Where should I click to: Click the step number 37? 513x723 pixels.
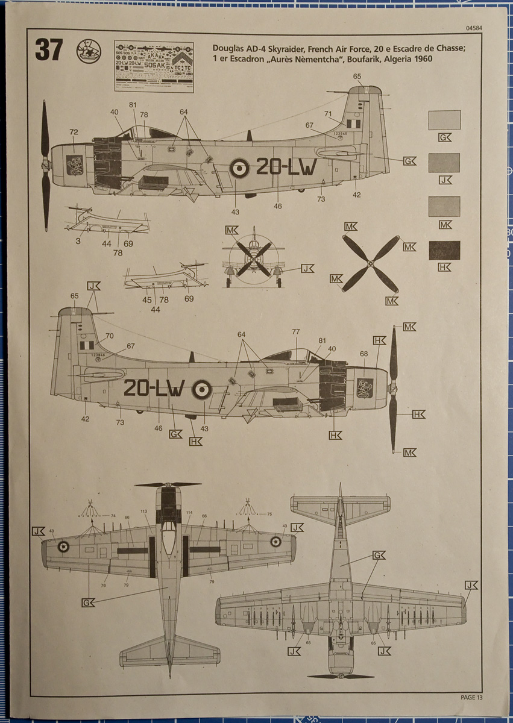(x=49, y=51)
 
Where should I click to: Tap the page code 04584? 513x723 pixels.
(x=473, y=28)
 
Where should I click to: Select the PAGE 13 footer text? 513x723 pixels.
(x=471, y=697)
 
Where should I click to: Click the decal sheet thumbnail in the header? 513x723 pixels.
(x=154, y=66)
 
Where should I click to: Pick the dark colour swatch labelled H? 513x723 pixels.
(x=444, y=250)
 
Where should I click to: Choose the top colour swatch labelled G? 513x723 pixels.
(x=444, y=120)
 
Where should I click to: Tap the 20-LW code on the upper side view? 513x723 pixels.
(x=286, y=167)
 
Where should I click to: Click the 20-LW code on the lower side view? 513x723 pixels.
(x=154, y=389)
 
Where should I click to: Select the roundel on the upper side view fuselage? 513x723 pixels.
(x=239, y=168)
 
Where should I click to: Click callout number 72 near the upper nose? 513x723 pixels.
(x=74, y=132)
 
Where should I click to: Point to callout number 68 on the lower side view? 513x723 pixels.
(x=364, y=354)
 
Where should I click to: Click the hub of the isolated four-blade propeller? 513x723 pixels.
(x=371, y=263)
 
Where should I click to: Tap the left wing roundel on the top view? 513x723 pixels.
(x=63, y=546)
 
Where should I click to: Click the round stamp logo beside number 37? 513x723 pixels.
(x=88, y=51)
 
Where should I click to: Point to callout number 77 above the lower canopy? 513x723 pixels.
(x=295, y=332)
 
